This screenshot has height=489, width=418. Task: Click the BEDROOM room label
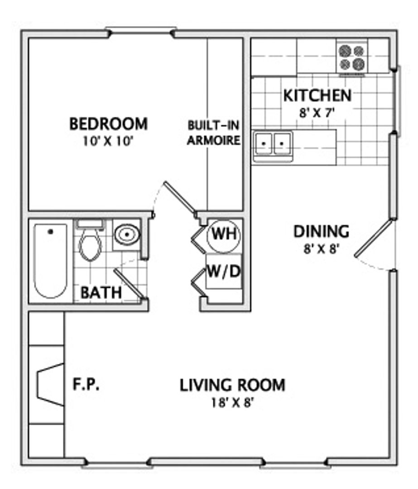coord(108,124)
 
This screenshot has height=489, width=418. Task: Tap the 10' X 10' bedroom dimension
coord(108,142)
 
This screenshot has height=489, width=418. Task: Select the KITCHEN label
coord(317,96)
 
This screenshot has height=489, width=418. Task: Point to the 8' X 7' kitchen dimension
coord(317,113)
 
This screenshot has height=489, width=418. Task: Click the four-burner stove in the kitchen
coord(352,57)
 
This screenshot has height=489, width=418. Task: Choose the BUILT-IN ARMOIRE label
coord(214,133)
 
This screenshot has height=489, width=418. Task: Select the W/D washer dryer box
coord(224,271)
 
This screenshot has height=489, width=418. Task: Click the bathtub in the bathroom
coord(50,261)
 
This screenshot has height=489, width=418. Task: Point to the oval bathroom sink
coord(127,234)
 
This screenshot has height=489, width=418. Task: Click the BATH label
coord(101,292)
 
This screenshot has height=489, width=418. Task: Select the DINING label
coord(321,232)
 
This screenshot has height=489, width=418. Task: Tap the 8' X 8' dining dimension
coord(321,249)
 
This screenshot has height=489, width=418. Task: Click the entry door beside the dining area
coord(373,239)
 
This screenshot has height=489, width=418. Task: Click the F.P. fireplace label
coord(86,384)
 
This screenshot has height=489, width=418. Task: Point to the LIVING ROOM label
coord(232,385)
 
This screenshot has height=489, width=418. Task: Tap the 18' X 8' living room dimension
coord(232,403)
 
